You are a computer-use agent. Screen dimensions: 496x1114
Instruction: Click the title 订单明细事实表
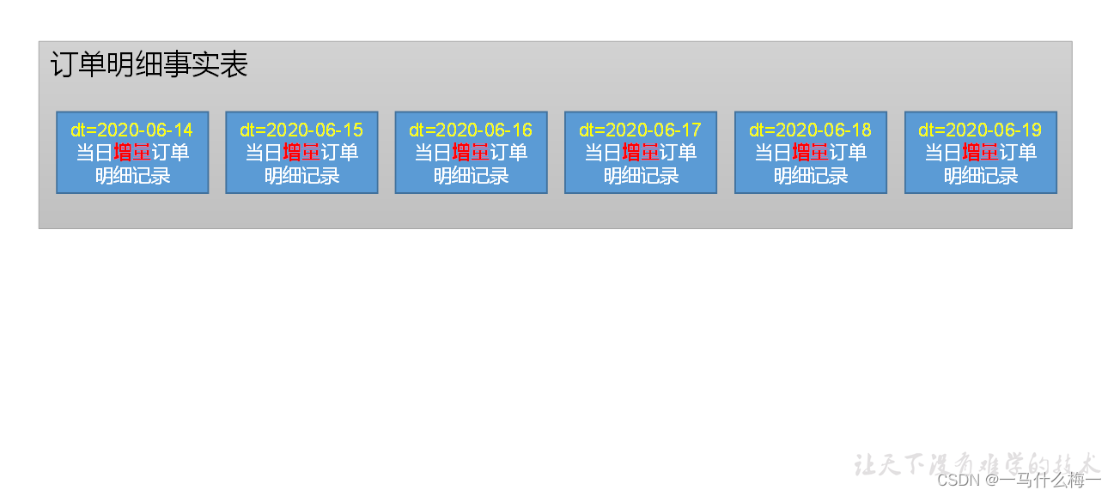pyautogui.click(x=149, y=65)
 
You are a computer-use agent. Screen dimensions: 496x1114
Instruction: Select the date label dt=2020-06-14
pyautogui.click(x=131, y=130)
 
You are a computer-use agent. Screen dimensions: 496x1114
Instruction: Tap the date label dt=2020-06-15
pyautogui.click(x=301, y=130)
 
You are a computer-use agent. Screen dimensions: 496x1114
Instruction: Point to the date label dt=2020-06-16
pyautogui.click(x=471, y=130)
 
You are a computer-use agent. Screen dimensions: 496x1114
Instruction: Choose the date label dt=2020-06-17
pyautogui.click(x=640, y=130)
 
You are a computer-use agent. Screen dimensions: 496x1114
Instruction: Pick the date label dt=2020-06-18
pyautogui.click(x=810, y=130)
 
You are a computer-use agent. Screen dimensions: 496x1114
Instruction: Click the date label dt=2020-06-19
pyautogui.click(x=980, y=130)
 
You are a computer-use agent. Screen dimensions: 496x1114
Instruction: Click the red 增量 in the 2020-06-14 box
pyautogui.click(x=131, y=153)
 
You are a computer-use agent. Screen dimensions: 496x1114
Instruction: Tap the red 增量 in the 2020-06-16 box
pyautogui.click(x=471, y=153)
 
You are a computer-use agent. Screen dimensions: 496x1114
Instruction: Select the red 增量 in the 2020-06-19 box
pyautogui.click(x=980, y=153)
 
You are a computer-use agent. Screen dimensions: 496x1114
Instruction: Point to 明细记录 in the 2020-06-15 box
pyautogui.click(x=301, y=176)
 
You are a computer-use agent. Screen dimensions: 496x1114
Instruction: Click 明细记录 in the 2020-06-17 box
pyautogui.click(x=641, y=176)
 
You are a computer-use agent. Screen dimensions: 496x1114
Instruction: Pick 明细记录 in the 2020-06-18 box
pyautogui.click(x=811, y=176)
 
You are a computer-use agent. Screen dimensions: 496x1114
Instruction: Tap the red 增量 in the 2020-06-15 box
pyautogui.click(x=301, y=153)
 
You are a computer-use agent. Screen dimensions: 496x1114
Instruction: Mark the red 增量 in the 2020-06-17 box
pyautogui.click(x=640, y=153)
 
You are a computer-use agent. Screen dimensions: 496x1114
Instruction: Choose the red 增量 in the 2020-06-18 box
pyautogui.click(x=810, y=153)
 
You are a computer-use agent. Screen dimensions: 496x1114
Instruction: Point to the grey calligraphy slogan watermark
pyautogui.click(x=977, y=463)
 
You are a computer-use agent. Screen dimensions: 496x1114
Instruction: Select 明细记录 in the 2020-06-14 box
pyautogui.click(x=132, y=176)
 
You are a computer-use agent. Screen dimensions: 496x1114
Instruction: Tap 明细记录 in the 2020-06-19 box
pyautogui.click(x=981, y=176)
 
